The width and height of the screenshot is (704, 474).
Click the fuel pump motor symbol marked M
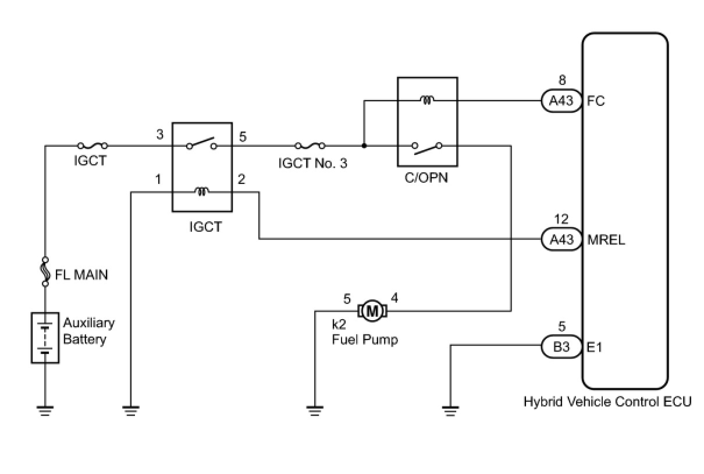(372, 311)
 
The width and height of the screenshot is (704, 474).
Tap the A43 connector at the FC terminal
(561, 101)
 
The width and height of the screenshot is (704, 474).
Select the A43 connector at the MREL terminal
(561, 239)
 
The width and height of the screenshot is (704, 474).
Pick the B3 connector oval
(561, 346)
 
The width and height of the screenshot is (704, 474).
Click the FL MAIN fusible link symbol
(45, 272)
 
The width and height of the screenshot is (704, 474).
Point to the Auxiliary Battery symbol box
(45, 338)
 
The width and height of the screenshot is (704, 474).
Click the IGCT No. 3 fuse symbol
(310, 146)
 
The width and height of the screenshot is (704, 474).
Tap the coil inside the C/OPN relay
(428, 100)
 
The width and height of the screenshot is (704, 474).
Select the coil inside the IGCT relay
(202, 191)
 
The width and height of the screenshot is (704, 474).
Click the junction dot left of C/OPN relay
(364, 146)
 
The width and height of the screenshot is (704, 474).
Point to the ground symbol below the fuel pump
(315, 411)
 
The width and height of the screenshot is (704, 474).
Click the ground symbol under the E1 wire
(450, 411)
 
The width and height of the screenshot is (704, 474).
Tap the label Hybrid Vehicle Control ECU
(607, 402)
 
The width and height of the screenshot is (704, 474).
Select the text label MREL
(606, 240)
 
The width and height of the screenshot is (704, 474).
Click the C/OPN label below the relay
(426, 178)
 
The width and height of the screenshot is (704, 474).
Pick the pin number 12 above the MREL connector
(561, 219)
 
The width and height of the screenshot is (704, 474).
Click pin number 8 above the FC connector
(562, 80)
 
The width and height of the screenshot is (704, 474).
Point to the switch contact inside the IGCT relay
(201, 143)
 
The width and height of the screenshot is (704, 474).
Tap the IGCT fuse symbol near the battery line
(93, 146)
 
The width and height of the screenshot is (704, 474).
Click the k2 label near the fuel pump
(339, 324)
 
